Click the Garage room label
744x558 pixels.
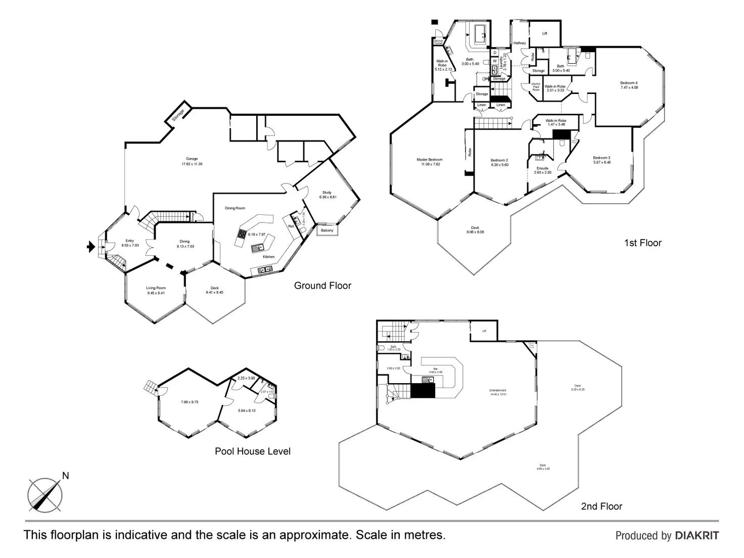pos(192,159)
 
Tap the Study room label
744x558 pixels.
pos(327,193)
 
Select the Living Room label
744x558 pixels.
pos(156,288)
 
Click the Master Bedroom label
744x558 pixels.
pos(430,160)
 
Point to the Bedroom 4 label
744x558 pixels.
pos(629,83)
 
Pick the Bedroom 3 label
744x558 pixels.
pos(601,158)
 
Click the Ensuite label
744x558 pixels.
pos(542,168)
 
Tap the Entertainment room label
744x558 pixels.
pos(498,390)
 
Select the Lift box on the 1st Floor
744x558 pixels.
pos(544,33)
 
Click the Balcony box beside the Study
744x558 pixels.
pos(327,230)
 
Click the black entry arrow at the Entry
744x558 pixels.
pos(90,247)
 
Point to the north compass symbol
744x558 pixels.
pos(45,493)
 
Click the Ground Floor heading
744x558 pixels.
pos(322,286)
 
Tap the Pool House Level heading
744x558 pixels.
pos(253,451)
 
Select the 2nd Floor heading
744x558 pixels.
pos(601,506)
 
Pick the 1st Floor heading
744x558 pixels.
pos(643,243)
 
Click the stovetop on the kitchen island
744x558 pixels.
pos(242,234)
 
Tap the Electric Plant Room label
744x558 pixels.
pos(536,87)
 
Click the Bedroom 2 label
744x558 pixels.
pos(499,160)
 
